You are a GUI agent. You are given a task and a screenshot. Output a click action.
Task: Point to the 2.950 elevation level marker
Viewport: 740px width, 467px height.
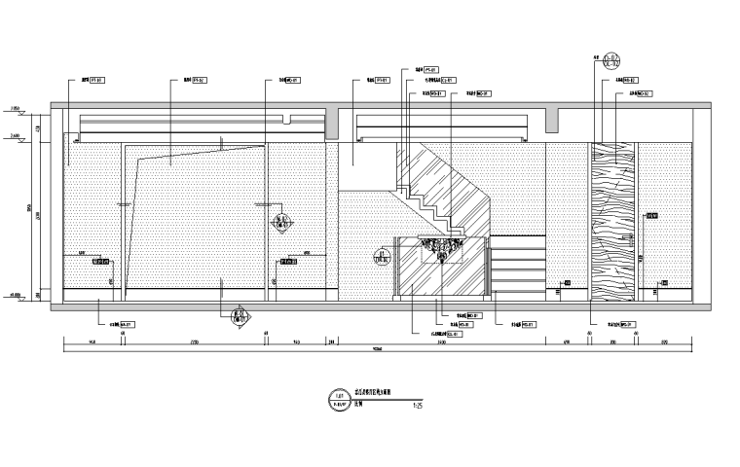click(15, 106)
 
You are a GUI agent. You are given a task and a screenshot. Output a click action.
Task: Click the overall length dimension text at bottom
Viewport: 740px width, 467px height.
click(375, 350)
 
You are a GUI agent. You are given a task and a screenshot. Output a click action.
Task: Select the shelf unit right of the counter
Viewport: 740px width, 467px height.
click(515, 266)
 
